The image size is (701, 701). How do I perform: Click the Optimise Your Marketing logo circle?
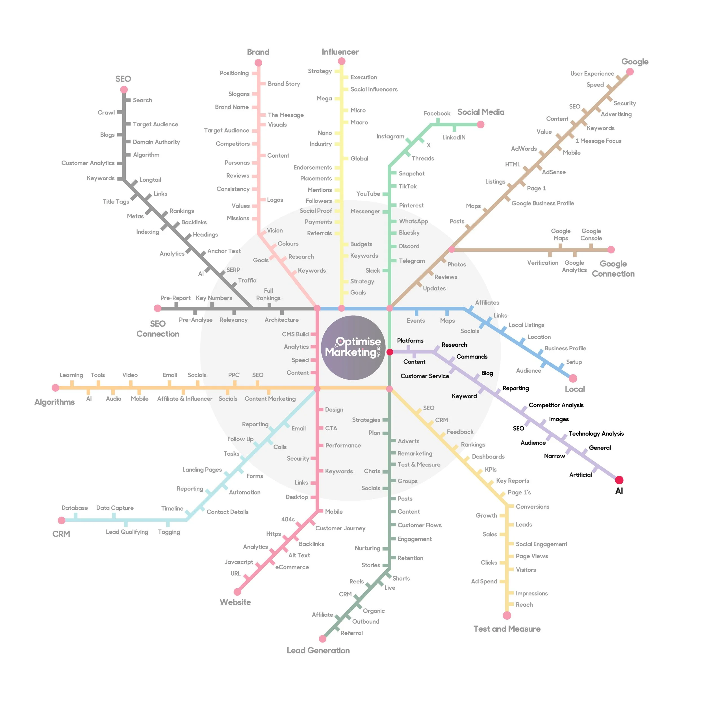point(353,348)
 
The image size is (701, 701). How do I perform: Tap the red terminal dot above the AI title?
point(619,480)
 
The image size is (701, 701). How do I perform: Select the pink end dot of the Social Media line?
point(480,124)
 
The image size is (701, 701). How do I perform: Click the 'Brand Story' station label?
point(284,84)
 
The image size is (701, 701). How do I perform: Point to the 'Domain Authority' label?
point(156,142)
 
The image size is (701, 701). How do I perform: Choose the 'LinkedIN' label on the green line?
point(453,137)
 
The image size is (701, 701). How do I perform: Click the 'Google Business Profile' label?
point(542,203)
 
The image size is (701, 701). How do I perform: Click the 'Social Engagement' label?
point(541,544)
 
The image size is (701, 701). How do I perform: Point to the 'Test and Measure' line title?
point(507,629)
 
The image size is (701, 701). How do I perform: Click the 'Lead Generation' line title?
point(318,650)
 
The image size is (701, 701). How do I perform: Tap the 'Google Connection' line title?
point(613,268)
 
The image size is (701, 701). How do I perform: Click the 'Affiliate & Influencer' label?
point(185,398)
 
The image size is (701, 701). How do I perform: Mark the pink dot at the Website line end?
point(237,592)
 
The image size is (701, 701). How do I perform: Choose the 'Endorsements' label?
point(312,167)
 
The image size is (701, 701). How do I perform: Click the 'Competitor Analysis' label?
point(556,405)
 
